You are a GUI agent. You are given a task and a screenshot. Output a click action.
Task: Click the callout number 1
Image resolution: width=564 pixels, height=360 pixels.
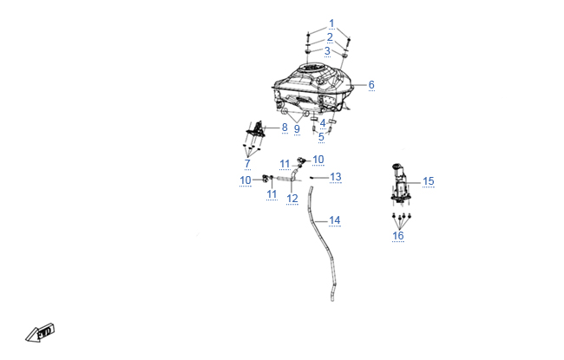coord(331,23)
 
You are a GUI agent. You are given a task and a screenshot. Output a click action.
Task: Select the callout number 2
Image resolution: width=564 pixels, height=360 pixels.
coord(330,37)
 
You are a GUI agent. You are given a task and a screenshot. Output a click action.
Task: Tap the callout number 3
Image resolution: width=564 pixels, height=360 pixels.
coord(327,51)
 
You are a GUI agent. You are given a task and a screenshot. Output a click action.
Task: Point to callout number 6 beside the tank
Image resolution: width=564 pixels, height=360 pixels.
coord(371,85)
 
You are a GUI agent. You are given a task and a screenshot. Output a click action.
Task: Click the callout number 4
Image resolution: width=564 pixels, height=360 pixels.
coord(323,123)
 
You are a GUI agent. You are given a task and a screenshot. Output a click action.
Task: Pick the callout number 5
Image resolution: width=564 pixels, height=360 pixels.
coord(321,137)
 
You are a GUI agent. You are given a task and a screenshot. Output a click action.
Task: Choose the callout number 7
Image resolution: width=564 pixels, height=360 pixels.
coord(247,164)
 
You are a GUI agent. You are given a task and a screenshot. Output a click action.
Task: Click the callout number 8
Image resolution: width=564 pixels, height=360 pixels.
coord(285,128)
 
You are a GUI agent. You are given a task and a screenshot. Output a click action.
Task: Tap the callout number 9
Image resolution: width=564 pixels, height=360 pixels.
coord(297,129)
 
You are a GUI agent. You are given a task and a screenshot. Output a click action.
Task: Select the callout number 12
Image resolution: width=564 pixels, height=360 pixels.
coord(292,199)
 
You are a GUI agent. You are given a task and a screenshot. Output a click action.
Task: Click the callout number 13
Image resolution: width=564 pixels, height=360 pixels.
coord(336,177)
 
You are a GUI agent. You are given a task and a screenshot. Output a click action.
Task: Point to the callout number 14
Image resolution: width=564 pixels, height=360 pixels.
coord(335,220)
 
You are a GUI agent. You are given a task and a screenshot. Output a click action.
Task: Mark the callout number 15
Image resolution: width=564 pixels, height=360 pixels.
coord(429,181)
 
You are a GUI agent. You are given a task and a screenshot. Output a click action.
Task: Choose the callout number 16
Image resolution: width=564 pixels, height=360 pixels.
coord(397,236)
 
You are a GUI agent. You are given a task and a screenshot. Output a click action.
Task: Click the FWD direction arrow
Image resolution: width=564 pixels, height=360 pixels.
coord(40,332)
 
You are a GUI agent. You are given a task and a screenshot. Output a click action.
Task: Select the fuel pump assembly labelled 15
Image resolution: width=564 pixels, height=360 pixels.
coord(400,185)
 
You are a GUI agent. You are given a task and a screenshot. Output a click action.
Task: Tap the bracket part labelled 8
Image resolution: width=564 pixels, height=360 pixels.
coord(256,129)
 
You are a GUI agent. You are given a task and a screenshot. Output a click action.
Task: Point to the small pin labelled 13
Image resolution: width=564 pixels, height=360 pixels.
coord(312,177)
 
